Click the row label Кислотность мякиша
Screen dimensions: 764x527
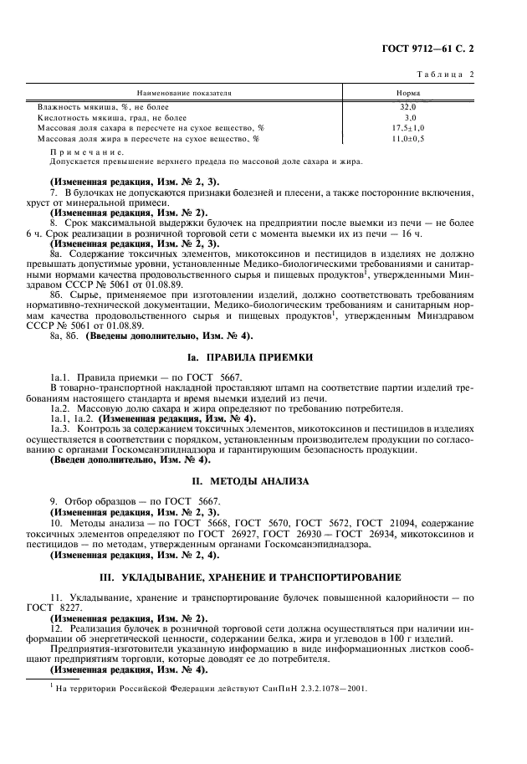tap(112, 118)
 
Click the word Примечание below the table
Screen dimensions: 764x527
tap(87, 152)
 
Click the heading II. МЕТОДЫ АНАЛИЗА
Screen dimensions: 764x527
tap(263, 481)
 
